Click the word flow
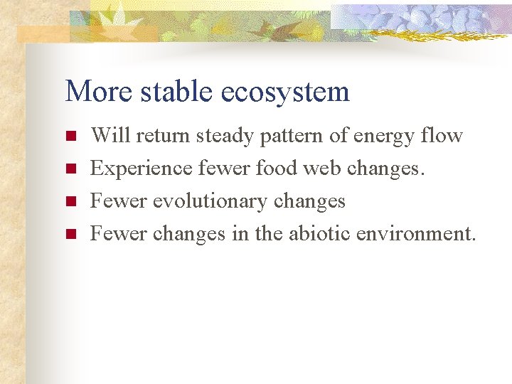coord(443,135)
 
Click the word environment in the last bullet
coord(417,233)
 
